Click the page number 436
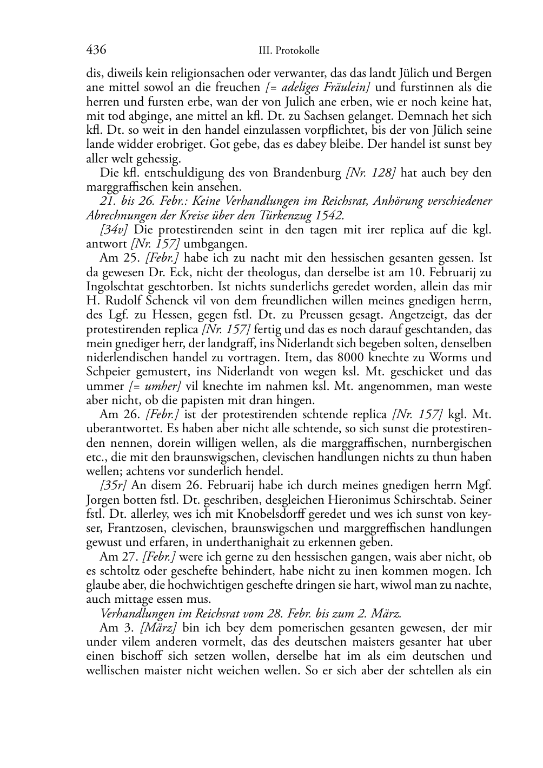(x=96, y=50)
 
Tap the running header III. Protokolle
(x=289, y=50)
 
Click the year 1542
(x=329, y=216)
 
